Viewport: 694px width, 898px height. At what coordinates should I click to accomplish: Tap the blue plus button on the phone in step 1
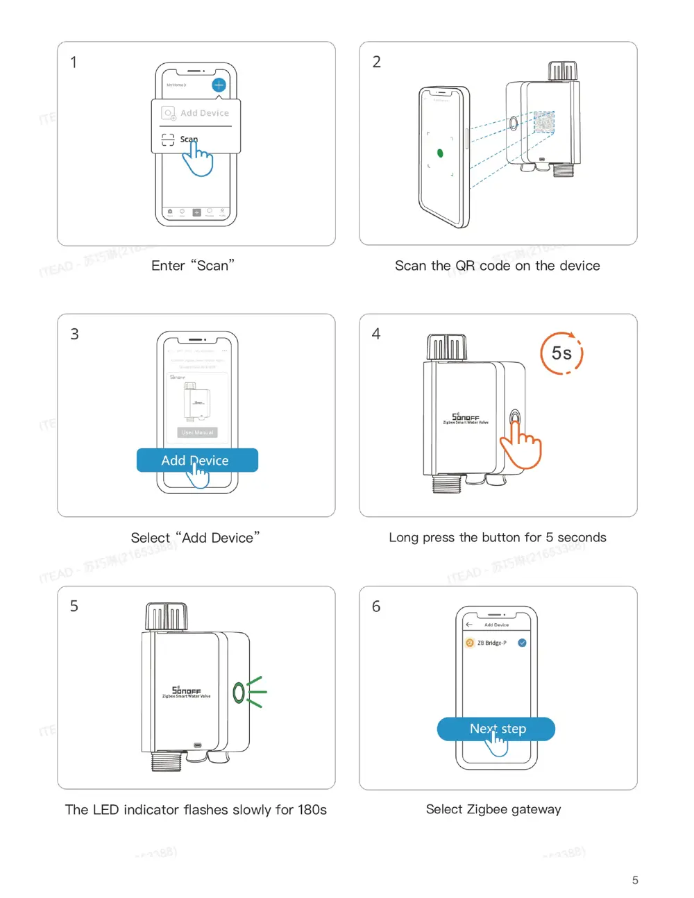(x=219, y=85)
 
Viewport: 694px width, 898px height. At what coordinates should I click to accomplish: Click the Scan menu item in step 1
(x=188, y=139)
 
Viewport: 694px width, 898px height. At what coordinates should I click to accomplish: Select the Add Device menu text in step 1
(x=204, y=113)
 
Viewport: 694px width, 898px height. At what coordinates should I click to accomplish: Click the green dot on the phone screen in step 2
(x=440, y=153)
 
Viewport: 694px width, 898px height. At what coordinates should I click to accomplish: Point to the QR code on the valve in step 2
(x=543, y=123)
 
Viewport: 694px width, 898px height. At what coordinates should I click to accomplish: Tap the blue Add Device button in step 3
(x=197, y=460)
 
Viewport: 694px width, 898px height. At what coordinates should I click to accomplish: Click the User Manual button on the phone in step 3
(x=198, y=432)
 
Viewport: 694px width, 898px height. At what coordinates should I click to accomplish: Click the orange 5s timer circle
(x=561, y=353)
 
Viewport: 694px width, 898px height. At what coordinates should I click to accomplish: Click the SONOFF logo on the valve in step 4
(x=466, y=418)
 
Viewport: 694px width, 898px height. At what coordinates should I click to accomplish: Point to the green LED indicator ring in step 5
(x=239, y=692)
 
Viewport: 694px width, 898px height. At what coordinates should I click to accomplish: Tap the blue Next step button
(x=496, y=729)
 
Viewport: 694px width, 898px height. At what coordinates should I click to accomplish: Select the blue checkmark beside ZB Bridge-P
(x=522, y=643)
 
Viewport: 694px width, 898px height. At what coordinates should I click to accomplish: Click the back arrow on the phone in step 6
(x=469, y=625)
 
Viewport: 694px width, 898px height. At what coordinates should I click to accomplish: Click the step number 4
(x=376, y=334)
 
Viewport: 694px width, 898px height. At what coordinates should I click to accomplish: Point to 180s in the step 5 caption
(x=312, y=810)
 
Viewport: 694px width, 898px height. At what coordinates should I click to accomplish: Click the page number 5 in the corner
(x=635, y=880)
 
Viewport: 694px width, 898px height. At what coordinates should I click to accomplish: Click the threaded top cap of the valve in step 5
(x=167, y=617)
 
